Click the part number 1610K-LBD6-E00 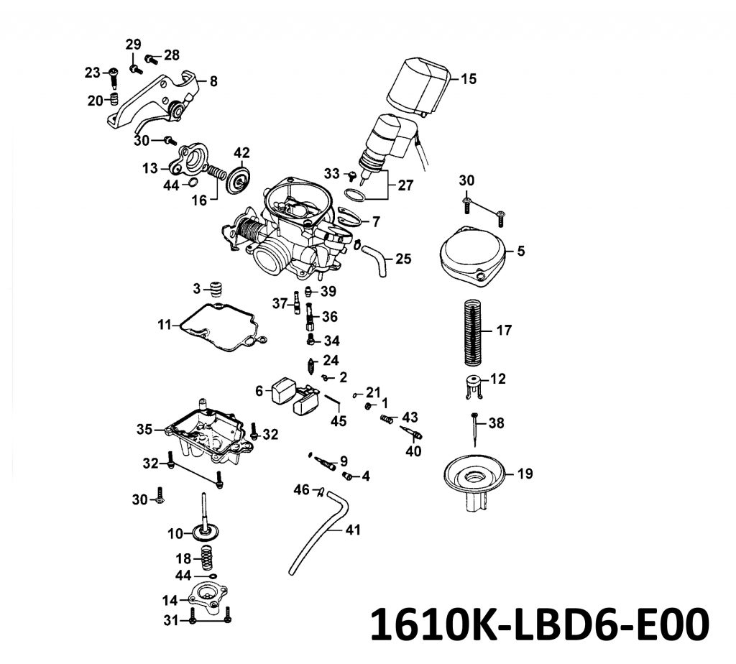click(x=540, y=624)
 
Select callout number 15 click(x=469, y=79)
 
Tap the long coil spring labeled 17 click(x=473, y=332)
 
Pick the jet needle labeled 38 click(x=476, y=429)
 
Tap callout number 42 click(x=241, y=153)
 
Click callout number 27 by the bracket click(x=405, y=185)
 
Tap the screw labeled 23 click(x=114, y=78)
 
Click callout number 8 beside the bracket click(x=213, y=81)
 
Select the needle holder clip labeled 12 click(x=474, y=386)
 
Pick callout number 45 click(x=339, y=421)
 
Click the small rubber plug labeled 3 click(x=215, y=290)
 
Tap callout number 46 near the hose click(x=302, y=490)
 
